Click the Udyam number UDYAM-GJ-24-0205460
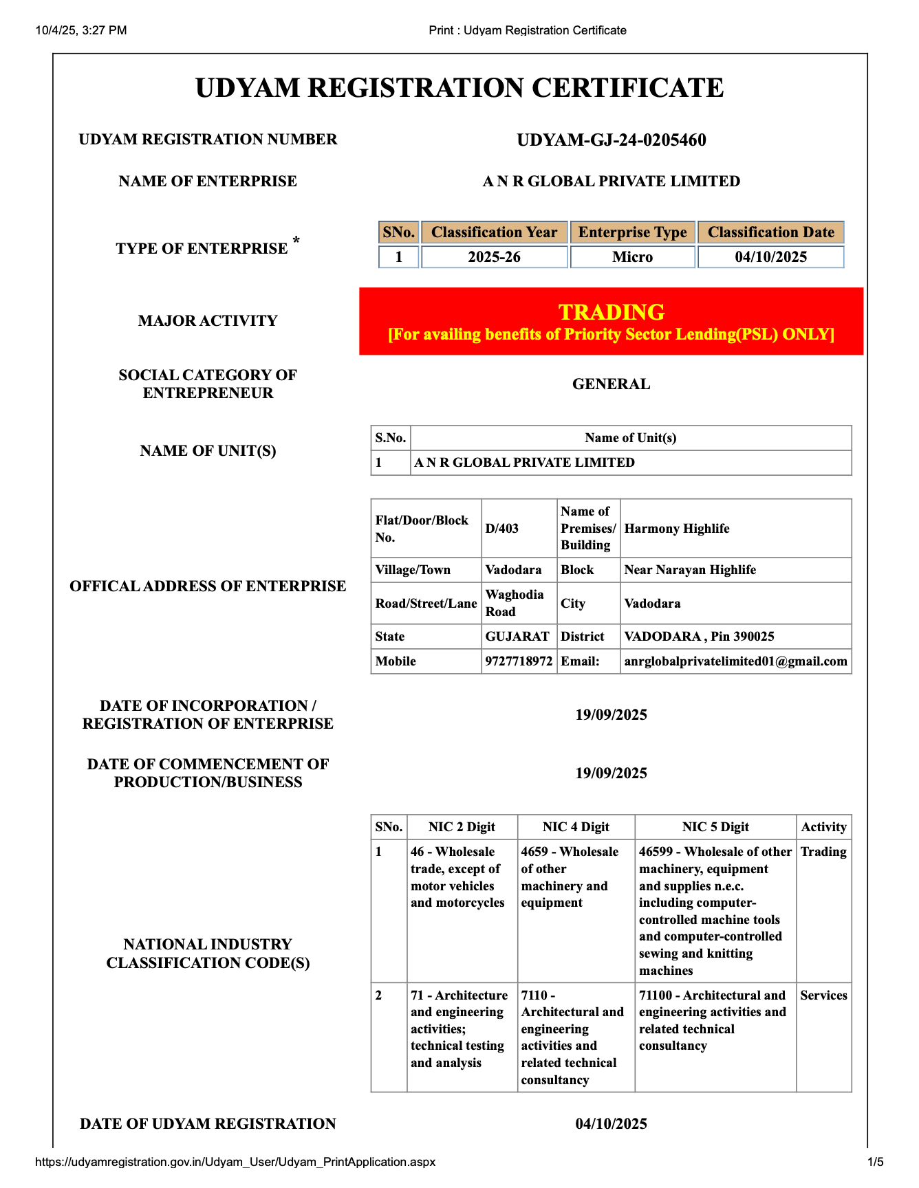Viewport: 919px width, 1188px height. point(611,140)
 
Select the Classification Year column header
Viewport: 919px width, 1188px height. point(494,232)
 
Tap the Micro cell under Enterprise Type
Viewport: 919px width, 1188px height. point(632,257)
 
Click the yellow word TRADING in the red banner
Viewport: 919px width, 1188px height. point(611,312)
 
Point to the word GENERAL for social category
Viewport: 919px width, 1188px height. point(611,384)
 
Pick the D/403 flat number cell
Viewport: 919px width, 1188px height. point(502,529)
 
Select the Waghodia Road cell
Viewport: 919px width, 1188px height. point(515,603)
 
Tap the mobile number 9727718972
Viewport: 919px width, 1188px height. point(519,661)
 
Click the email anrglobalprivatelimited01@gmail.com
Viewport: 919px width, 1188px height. point(735,661)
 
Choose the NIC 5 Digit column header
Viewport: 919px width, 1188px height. point(715,827)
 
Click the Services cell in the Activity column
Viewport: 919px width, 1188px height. point(823,995)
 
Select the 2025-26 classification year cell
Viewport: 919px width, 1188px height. point(494,257)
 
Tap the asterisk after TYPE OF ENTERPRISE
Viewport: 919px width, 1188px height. point(296,240)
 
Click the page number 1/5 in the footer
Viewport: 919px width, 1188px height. point(876,1162)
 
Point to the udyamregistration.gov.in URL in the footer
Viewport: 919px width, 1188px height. point(235,1162)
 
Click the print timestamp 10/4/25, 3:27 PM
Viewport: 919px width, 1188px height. point(81,30)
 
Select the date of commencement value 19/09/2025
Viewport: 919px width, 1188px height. point(611,773)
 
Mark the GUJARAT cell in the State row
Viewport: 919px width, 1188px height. point(517,637)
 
